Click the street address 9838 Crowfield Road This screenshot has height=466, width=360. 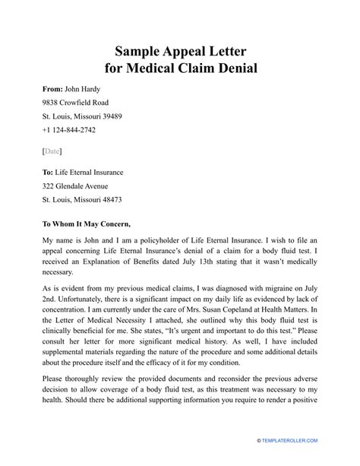point(74,103)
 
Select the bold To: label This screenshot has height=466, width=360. point(49,173)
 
